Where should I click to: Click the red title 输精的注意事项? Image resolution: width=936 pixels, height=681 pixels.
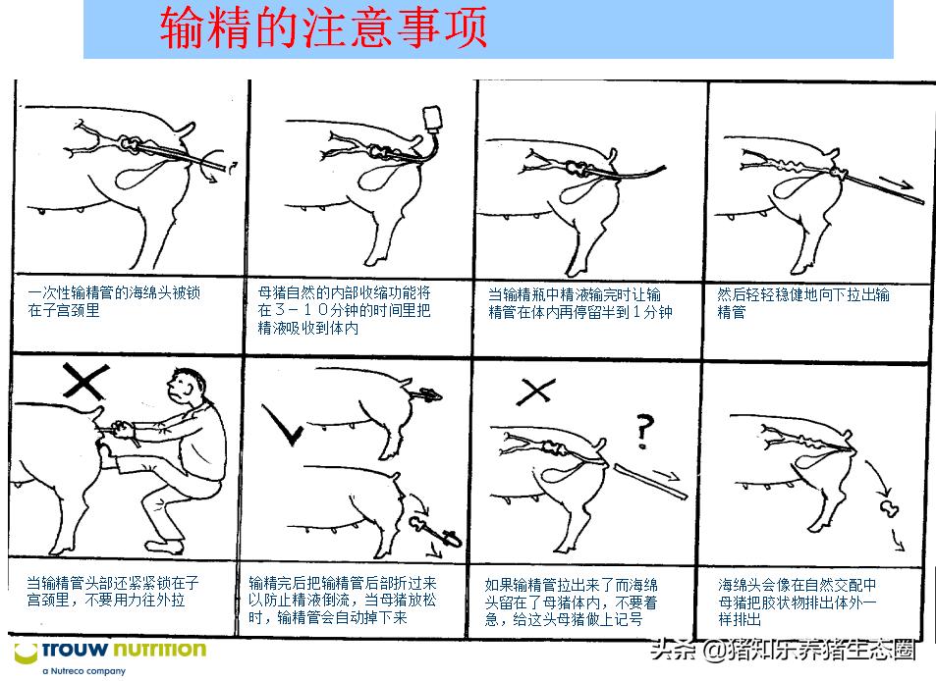[x=324, y=28]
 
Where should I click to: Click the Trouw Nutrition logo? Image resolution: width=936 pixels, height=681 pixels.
[x=109, y=650]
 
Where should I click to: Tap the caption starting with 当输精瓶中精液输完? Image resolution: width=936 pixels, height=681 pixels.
[x=579, y=303]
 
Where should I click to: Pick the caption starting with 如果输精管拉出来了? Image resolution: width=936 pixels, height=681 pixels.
[x=578, y=602]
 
